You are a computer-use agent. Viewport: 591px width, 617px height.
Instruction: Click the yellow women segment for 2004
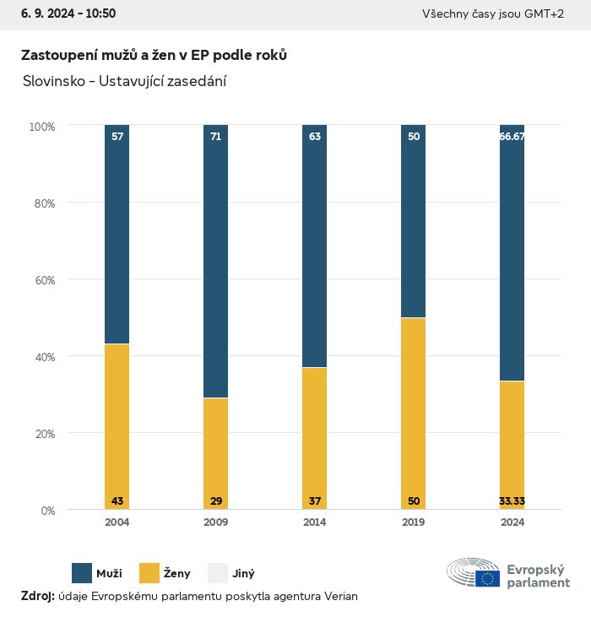coord(117,426)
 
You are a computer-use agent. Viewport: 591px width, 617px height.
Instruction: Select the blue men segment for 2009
coord(216,262)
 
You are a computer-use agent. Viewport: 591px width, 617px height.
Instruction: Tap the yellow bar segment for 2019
coord(414,414)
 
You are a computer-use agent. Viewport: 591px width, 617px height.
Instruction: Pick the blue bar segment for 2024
coord(512,253)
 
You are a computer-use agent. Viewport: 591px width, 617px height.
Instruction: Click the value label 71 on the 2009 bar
coord(216,136)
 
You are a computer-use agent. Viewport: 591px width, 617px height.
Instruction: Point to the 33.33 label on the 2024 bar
coord(512,501)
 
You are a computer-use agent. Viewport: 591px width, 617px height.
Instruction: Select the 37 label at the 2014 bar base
coord(315,501)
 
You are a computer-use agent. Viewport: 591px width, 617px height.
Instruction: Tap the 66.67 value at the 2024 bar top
coord(512,136)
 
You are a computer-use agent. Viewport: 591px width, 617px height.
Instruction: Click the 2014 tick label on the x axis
coord(315,522)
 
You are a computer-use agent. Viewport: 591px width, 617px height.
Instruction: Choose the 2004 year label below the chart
coord(117,522)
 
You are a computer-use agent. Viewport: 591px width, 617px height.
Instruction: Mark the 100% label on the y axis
coord(41,127)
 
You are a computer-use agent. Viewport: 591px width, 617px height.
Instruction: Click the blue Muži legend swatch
coord(82,573)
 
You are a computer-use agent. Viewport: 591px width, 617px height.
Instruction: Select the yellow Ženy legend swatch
coord(149,573)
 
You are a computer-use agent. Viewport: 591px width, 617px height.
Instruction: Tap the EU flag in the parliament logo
coord(487,578)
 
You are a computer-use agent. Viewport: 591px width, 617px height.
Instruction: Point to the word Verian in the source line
coord(341,596)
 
